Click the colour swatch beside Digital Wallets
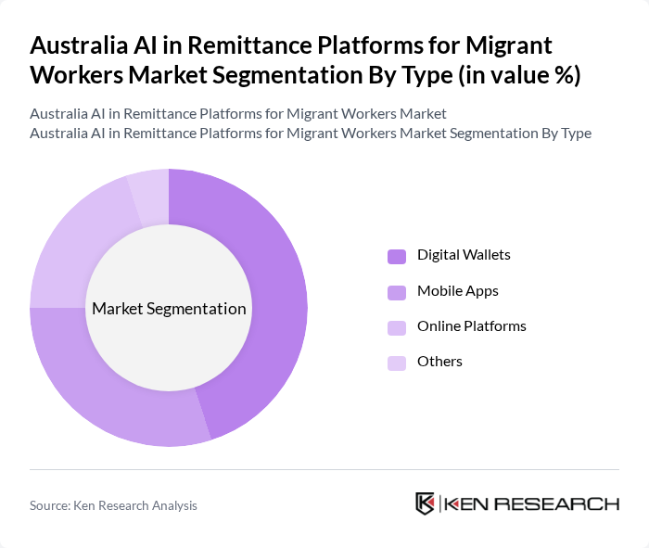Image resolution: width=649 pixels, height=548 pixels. coord(397,256)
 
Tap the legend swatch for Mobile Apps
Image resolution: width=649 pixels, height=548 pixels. coord(397,292)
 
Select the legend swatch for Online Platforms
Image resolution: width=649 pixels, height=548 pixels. coord(397,327)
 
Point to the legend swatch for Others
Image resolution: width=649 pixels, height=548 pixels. coord(397,363)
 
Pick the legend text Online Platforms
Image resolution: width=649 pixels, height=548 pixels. coord(471,326)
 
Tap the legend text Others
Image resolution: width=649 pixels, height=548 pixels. coord(439,362)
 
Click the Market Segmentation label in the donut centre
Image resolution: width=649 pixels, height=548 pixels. coord(169,309)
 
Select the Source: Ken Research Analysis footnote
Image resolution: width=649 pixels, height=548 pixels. coord(113,505)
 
